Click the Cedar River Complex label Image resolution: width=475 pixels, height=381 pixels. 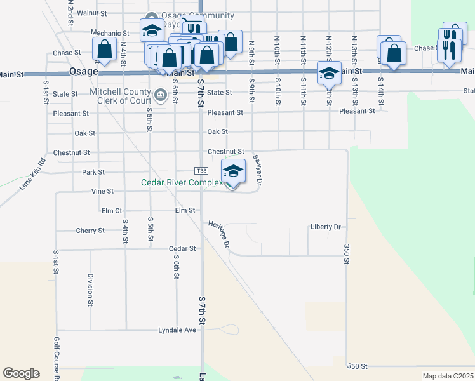tap(182, 183)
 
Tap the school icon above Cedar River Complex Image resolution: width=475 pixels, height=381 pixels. tap(233, 171)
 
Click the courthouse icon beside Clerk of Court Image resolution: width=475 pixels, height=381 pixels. tap(161, 97)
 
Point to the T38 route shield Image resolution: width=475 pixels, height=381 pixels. tap(201, 171)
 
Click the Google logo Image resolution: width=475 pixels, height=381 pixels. tap(21, 373)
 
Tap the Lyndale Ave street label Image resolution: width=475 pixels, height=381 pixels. tap(177, 330)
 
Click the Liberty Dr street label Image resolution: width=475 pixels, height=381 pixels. tap(325, 227)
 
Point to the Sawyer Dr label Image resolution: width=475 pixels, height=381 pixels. tap(258, 170)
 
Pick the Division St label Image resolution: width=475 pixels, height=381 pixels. tap(90, 286)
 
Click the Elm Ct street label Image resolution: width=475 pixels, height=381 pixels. tap(111, 210)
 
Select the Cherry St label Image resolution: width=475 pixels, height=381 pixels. tap(90, 231)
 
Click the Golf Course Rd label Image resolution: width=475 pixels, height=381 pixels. tap(57, 362)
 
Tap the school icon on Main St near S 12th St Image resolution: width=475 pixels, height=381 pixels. tap(329, 72)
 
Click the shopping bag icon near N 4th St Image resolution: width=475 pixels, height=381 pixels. tap(104, 48)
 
